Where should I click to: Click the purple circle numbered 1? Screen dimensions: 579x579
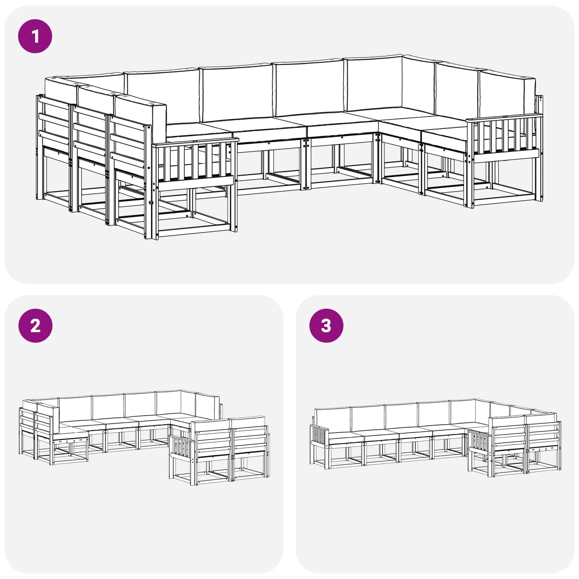point(35,37)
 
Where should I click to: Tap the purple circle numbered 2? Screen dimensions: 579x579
point(35,326)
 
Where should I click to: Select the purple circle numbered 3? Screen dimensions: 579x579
point(326,326)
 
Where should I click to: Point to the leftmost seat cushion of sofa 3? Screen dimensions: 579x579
point(346,436)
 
